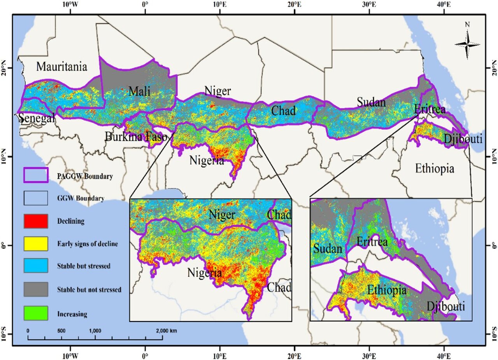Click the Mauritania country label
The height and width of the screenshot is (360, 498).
61,66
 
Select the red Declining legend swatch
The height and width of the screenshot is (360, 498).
36,221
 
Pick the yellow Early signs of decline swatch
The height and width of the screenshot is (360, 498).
36,244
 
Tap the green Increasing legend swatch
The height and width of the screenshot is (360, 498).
36,313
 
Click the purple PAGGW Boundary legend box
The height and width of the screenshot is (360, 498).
36,176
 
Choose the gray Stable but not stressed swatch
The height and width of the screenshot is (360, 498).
36,290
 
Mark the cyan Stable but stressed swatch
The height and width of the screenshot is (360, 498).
36,267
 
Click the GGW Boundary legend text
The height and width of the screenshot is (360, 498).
81,198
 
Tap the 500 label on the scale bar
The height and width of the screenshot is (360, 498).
61,330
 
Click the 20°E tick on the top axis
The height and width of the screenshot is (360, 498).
295,5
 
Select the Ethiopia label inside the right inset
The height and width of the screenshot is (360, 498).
387,290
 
